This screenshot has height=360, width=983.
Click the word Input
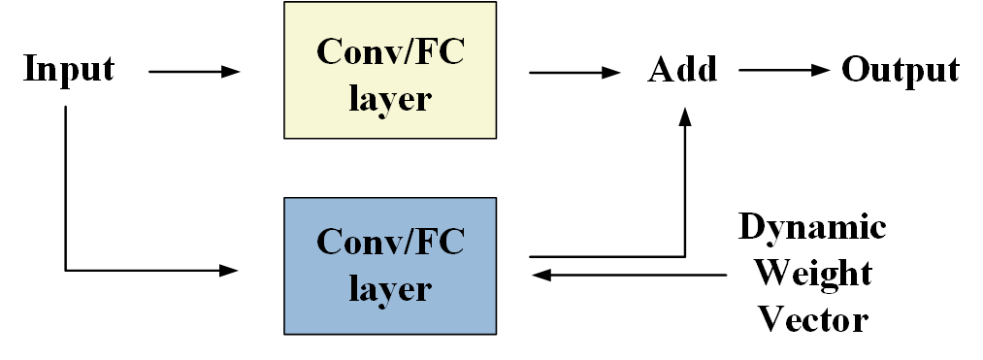(68, 70)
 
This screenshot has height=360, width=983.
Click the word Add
(682, 70)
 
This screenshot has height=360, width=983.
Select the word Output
(901, 70)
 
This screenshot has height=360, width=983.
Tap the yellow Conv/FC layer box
(389, 70)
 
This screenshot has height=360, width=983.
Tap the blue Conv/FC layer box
(389, 266)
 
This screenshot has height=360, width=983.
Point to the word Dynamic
(812, 227)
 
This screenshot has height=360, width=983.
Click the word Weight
(812, 273)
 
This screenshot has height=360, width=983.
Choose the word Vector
(812, 317)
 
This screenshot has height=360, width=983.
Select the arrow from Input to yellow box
(193, 71)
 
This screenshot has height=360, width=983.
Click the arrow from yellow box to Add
(573, 71)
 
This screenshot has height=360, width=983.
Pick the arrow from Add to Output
(784, 71)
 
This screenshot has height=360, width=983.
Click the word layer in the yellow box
(389, 98)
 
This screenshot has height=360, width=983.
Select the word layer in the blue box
(389, 290)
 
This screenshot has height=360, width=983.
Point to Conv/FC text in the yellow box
(389, 49)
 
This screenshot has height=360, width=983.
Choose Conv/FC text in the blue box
(389, 241)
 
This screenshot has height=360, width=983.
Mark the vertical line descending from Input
(66, 184)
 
